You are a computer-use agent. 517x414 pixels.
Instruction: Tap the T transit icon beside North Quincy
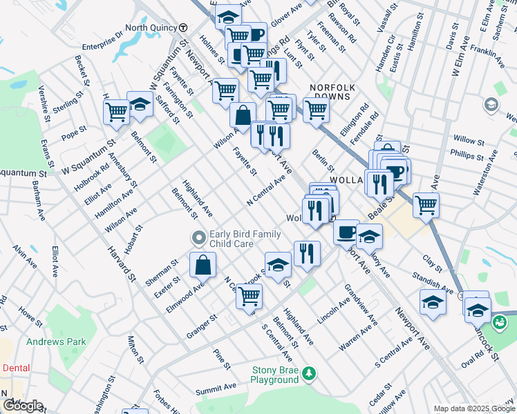[183, 28]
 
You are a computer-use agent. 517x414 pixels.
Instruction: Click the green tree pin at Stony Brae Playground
[310, 373]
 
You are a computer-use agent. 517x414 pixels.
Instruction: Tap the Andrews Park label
[56, 341]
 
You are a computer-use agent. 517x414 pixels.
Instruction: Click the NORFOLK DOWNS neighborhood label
[332, 92]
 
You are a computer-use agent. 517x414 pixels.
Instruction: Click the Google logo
[22, 406]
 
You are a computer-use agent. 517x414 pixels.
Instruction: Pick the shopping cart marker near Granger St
[249, 297]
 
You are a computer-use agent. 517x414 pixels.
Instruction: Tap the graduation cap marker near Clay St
[433, 303]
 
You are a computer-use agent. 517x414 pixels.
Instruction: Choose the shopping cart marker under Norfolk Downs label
[316, 110]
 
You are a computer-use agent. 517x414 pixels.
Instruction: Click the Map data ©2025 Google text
[473, 408]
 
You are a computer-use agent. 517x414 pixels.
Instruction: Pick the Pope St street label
[74, 130]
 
